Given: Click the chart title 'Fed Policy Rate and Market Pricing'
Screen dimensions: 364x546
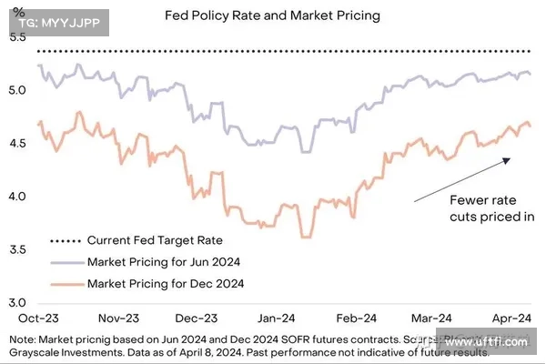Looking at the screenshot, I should [x=273, y=16].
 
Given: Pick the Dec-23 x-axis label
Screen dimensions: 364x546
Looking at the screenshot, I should [x=196, y=318].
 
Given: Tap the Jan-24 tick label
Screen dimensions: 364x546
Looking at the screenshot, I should [x=275, y=318].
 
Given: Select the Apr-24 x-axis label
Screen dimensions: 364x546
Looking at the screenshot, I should [x=512, y=318].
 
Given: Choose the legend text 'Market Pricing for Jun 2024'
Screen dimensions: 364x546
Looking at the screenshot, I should [x=165, y=262].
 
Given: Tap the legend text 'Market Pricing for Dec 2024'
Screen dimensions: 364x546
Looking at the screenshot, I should [x=165, y=283].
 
